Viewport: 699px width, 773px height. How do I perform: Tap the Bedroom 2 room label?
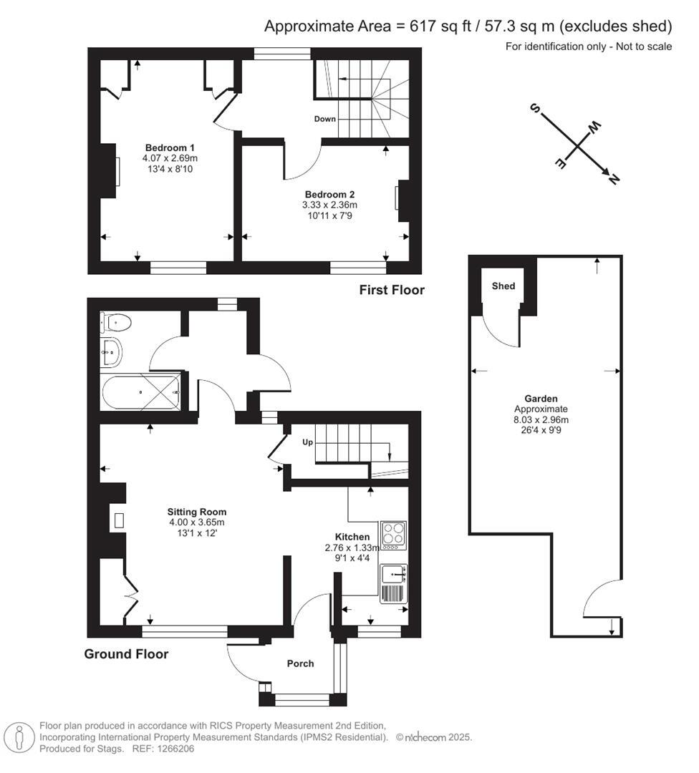tap(329, 194)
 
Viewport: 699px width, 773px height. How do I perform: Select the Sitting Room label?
tap(197, 512)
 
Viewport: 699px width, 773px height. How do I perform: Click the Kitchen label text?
tap(352, 537)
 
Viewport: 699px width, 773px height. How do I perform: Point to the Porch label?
tap(300, 663)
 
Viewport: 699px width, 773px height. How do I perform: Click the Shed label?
tap(503, 286)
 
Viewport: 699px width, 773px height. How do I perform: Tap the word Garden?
tap(541, 399)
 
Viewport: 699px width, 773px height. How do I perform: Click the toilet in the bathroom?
tap(116, 323)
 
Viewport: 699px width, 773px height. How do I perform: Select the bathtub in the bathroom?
tap(140, 392)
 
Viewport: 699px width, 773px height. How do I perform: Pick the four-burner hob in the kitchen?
tap(393, 535)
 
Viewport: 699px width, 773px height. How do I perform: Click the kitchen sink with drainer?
tap(392, 583)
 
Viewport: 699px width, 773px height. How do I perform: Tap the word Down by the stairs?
tap(324, 119)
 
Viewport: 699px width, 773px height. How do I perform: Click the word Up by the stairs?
tap(308, 442)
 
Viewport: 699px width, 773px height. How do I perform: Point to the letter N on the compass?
tap(612, 180)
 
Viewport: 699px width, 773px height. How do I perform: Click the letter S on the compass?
tap(534, 108)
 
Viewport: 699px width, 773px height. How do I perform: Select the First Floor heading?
tap(392, 290)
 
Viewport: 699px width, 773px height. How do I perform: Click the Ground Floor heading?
tap(127, 653)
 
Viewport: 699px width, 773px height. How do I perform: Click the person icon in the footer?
tap(19, 736)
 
